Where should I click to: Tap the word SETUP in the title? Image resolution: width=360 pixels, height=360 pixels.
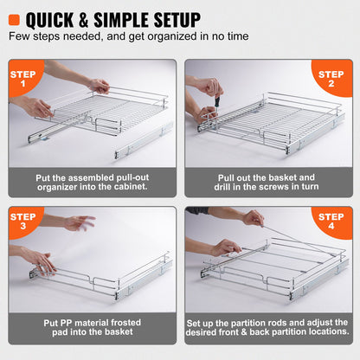click(x=169, y=18)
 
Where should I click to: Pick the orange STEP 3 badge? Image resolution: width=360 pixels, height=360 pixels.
click(x=24, y=222)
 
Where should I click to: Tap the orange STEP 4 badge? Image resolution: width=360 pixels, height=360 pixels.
click(x=334, y=222)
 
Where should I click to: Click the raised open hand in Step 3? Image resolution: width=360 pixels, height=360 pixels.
click(x=78, y=223)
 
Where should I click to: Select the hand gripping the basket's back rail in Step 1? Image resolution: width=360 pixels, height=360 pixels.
click(x=99, y=85)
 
